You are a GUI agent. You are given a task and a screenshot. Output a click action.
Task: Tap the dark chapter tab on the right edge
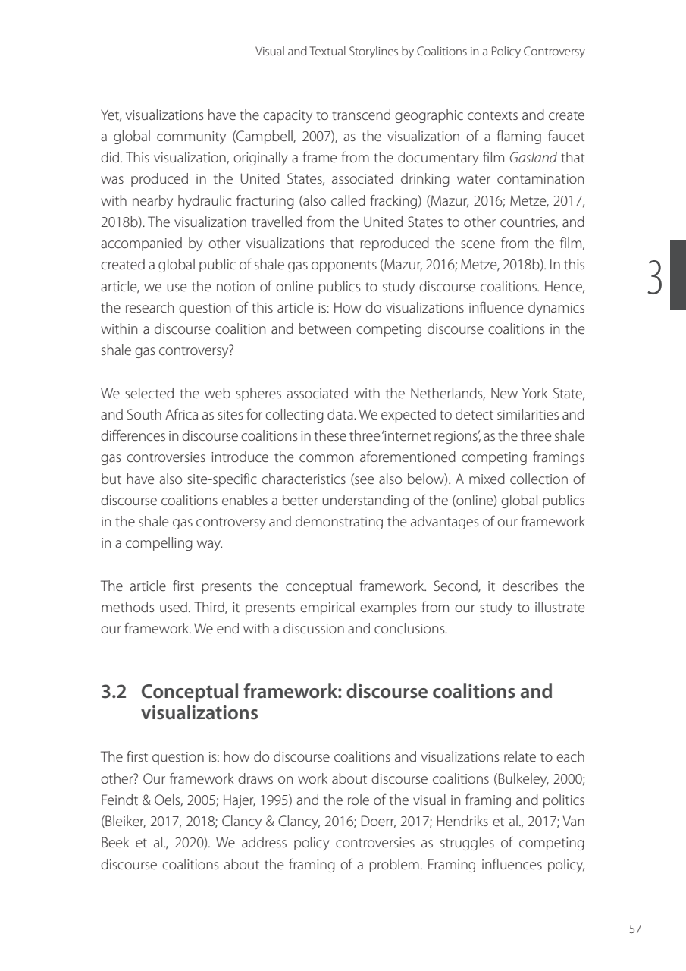click(678, 275)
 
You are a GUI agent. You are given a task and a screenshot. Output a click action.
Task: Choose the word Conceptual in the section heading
click(192, 692)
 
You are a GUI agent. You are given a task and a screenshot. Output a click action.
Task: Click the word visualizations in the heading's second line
click(199, 713)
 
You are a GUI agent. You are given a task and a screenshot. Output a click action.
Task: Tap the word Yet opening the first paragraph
click(111, 114)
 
